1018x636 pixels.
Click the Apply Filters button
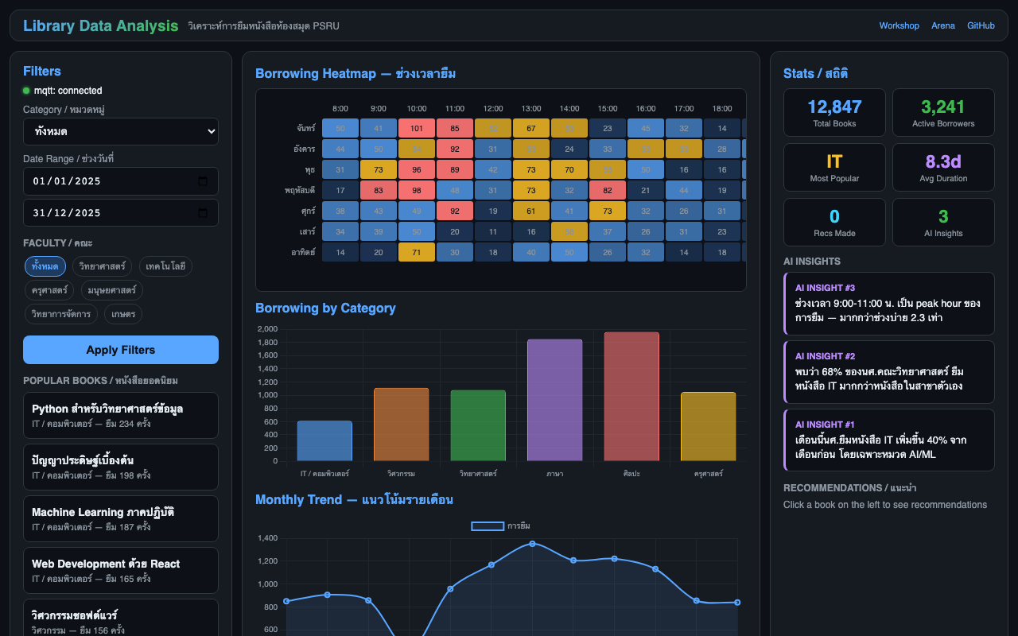tap(121, 350)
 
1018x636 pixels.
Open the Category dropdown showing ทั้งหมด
tap(121, 131)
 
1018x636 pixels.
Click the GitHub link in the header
tap(981, 25)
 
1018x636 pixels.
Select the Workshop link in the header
tap(899, 25)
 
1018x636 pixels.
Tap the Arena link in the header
tap(943, 25)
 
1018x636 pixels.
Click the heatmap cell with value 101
tap(417, 128)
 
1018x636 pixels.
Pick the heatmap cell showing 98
tap(417, 190)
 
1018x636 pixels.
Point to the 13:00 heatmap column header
tap(531, 108)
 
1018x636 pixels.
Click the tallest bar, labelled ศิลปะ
tap(631, 397)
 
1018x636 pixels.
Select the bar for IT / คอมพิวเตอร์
tap(324, 441)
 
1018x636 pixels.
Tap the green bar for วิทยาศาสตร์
tap(478, 425)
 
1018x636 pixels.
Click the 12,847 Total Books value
tap(834, 107)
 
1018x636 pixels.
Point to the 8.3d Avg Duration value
tap(943, 162)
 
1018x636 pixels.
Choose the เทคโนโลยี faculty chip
tap(165, 266)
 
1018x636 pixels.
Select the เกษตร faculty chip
tap(123, 314)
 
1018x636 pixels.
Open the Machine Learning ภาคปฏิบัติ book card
tap(121, 518)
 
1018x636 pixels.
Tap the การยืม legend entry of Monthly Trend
tap(501, 525)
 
